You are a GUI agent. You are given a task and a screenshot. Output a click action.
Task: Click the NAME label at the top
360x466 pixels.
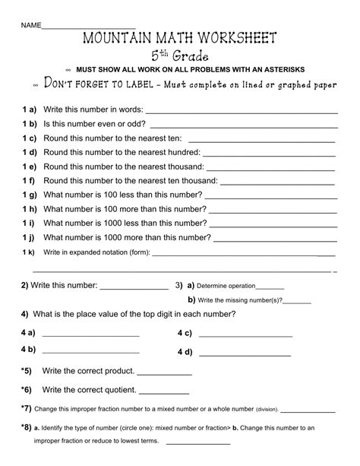(x=31, y=26)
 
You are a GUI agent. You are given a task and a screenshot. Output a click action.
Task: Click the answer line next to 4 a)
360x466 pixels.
(x=91, y=334)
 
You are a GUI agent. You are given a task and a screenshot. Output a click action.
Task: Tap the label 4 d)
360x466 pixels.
(x=185, y=352)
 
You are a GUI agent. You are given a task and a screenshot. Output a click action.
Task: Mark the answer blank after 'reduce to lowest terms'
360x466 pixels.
(x=197, y=442)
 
